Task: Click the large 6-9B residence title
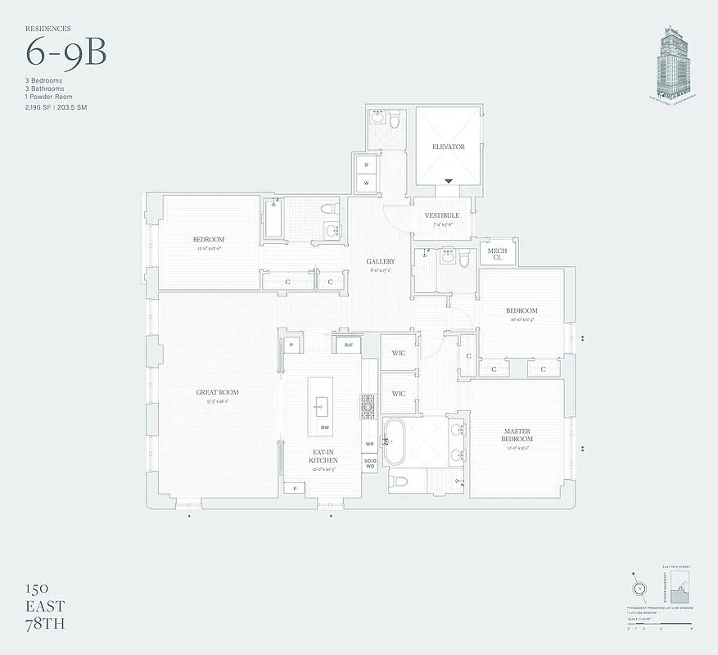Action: coord(66,53)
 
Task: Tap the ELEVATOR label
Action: coord(448,147)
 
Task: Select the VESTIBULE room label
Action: coord(441,216)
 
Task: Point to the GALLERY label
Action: coord(381,262)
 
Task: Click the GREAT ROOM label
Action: coord(217,392)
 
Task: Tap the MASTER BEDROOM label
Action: coord(517,435)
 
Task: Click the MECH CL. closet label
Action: coord(498,255)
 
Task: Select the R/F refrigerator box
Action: coord(348,346)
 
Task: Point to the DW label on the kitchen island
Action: coord(325,427)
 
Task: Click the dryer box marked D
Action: coord(366,165)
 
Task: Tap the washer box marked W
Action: coord(366,183)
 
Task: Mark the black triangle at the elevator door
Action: coord(448,181)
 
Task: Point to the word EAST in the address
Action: coord(44,607)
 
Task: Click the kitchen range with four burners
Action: coord(368,405)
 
